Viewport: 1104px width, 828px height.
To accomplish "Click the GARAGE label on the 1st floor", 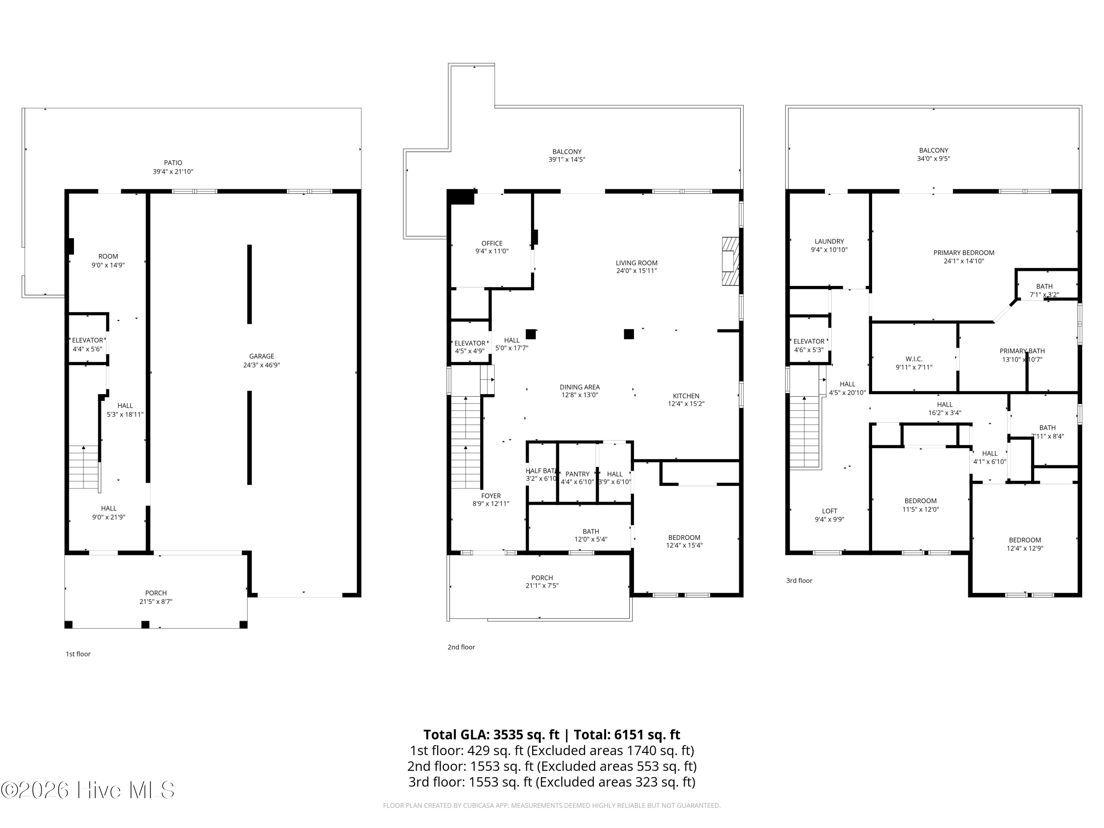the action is (x=262, y=356).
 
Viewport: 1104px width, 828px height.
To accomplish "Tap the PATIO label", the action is (x=173, y=163).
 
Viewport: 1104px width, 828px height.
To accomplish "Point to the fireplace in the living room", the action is (x=730, y=261).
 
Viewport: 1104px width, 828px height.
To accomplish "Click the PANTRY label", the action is (x=577, y=474).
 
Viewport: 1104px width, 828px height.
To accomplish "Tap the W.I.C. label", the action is (x=914, y=359).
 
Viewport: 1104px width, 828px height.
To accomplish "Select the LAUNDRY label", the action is (x=829, y=241).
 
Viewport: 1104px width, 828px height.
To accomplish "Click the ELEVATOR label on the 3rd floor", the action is (x=809, y=342).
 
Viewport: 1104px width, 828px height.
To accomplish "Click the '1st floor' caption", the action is (x=78, y=654).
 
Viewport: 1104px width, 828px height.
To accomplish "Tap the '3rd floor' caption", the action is (x=799, y=580).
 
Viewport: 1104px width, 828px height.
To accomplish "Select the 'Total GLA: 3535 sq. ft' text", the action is (x=492, y=735).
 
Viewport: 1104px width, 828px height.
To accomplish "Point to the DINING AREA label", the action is (x=580, y=387).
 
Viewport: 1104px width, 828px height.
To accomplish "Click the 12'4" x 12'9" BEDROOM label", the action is (x=1025, y=540).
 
